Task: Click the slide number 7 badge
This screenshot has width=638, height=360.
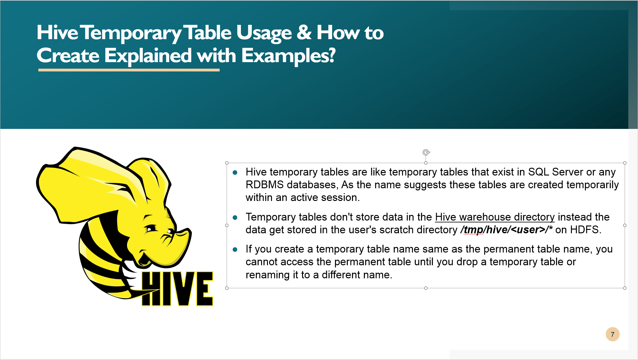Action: [612, 334]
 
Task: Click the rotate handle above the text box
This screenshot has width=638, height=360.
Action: [426, 152]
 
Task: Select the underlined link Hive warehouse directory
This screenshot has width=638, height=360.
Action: [495, 217]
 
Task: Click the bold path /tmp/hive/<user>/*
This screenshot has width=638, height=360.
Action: [506, 230]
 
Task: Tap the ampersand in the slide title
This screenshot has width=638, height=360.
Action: [304, 32]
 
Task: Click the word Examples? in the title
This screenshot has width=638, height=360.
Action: [288, 56]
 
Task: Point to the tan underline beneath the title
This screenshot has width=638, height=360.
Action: [129, 70]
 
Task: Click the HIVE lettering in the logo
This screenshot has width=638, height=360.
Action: [177, 289]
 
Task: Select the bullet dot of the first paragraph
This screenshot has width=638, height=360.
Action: [235, 172]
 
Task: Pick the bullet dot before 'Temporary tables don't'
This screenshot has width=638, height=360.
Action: [235, 217]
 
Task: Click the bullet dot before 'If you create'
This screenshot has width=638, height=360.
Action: [235, 249]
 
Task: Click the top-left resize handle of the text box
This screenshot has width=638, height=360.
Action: [227, 163]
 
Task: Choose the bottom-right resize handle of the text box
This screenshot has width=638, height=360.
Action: [625, 288]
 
